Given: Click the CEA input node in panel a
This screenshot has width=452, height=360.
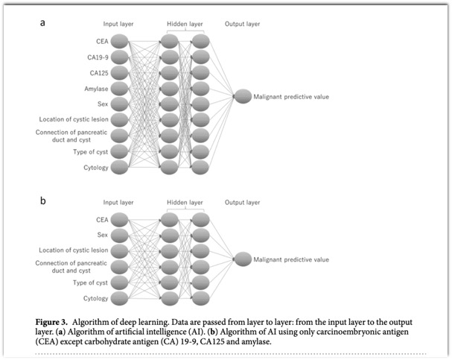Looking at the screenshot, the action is point(119,41).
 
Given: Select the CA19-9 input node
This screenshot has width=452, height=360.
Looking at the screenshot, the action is point(119,57).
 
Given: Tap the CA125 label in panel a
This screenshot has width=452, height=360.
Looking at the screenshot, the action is point(99,73).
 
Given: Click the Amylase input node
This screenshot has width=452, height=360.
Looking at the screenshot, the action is point(119,89).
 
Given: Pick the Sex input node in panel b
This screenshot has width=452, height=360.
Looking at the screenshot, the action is point(119,236).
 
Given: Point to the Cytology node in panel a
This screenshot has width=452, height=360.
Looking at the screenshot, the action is point(119,167).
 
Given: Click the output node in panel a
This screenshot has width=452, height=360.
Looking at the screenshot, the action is point(243,96).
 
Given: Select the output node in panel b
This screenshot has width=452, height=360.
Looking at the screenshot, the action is point(243,259).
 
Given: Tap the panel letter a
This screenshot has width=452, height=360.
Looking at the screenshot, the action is point(42,23).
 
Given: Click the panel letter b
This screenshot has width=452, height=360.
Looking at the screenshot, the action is point(43,200).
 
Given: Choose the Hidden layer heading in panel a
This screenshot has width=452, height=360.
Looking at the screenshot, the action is point(185,24).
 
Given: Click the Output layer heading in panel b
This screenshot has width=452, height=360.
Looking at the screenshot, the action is point(242,203).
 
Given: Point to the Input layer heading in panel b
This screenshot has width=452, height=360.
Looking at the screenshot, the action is point(118,203).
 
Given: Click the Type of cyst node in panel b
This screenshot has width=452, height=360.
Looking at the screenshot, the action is point(119,282).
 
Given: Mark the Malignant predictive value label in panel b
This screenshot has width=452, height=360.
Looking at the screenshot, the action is point(291,259).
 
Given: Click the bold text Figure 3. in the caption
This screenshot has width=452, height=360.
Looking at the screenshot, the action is point(51,322).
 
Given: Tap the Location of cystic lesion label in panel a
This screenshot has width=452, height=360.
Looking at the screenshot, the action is point(74,119).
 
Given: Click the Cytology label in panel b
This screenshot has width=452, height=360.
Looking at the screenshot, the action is point(96,298).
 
